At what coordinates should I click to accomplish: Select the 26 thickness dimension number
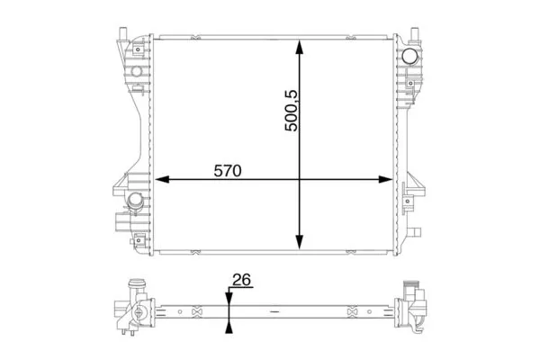coord(240,280)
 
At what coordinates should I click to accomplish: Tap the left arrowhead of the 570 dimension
coord(162,180)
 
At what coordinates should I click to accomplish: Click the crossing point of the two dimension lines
coord(300,180)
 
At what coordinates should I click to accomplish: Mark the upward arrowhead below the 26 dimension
coord(229,324)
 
